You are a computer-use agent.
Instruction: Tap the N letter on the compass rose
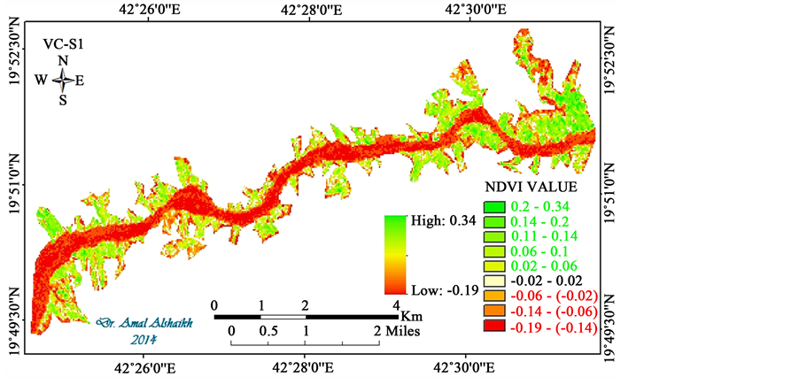point(62,60)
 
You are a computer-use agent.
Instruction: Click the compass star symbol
point(63,80)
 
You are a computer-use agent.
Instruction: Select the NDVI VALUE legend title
point(531,188)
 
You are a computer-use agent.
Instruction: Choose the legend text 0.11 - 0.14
point(544,236)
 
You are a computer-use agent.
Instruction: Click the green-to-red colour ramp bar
point(395,254)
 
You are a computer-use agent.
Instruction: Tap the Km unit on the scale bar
point(410,315)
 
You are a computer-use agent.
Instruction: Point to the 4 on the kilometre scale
point(396,305)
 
